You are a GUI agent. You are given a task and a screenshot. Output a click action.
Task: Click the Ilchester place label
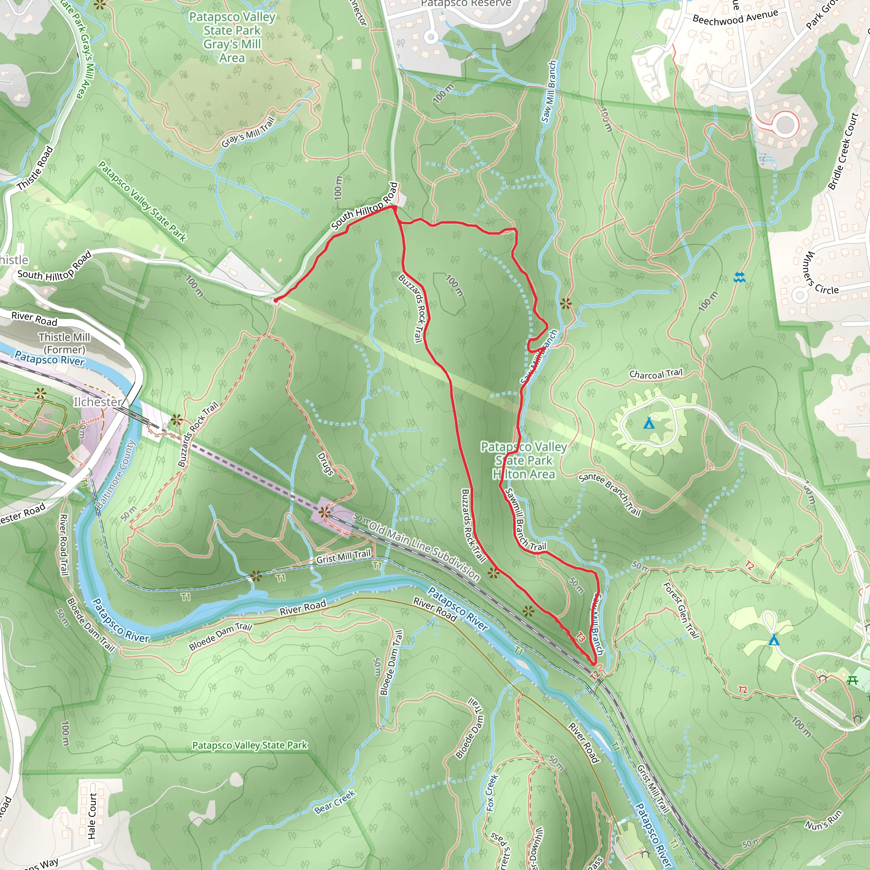click(98, 402)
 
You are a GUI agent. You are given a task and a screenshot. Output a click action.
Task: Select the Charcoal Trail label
click(655, 374)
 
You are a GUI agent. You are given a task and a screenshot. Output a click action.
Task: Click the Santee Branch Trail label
click(610, 494)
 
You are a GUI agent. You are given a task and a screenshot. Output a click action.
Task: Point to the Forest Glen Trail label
click(681, 610)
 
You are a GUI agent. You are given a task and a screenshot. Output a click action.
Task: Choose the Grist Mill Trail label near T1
click(343, 556)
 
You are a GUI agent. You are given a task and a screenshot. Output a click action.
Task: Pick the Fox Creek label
click(492, 793)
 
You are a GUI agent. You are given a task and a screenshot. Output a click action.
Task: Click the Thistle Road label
click(35, 168)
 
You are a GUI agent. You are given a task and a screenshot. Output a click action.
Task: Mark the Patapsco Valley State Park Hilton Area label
click(524, 460)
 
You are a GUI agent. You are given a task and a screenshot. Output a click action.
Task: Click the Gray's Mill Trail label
click(248, 133)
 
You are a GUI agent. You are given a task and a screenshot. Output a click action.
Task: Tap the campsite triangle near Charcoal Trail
click(648, 423)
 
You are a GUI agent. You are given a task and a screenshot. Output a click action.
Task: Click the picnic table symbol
click(853, 681)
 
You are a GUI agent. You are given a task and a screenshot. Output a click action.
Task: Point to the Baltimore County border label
click(116, 475)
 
